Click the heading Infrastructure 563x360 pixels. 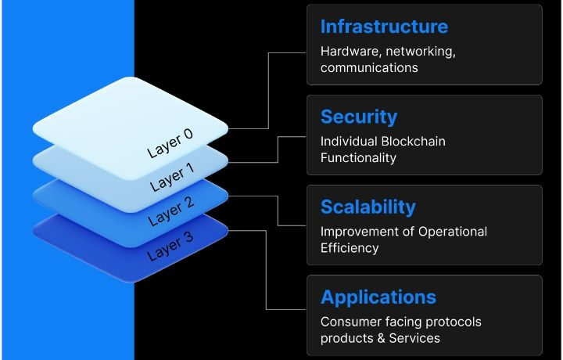(x=384, y=27)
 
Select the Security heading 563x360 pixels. (x=359, y=117)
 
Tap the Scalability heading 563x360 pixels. (x=368, y=207)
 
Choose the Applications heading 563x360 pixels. (x=378, y=297)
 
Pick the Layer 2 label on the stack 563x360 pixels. (x=170, y=212)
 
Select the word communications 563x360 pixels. (x=369, y=68)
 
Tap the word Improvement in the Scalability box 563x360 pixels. (x=360, y=232)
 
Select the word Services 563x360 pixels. (x=415, y=338)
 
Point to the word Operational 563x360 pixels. (x=453, y=232)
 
